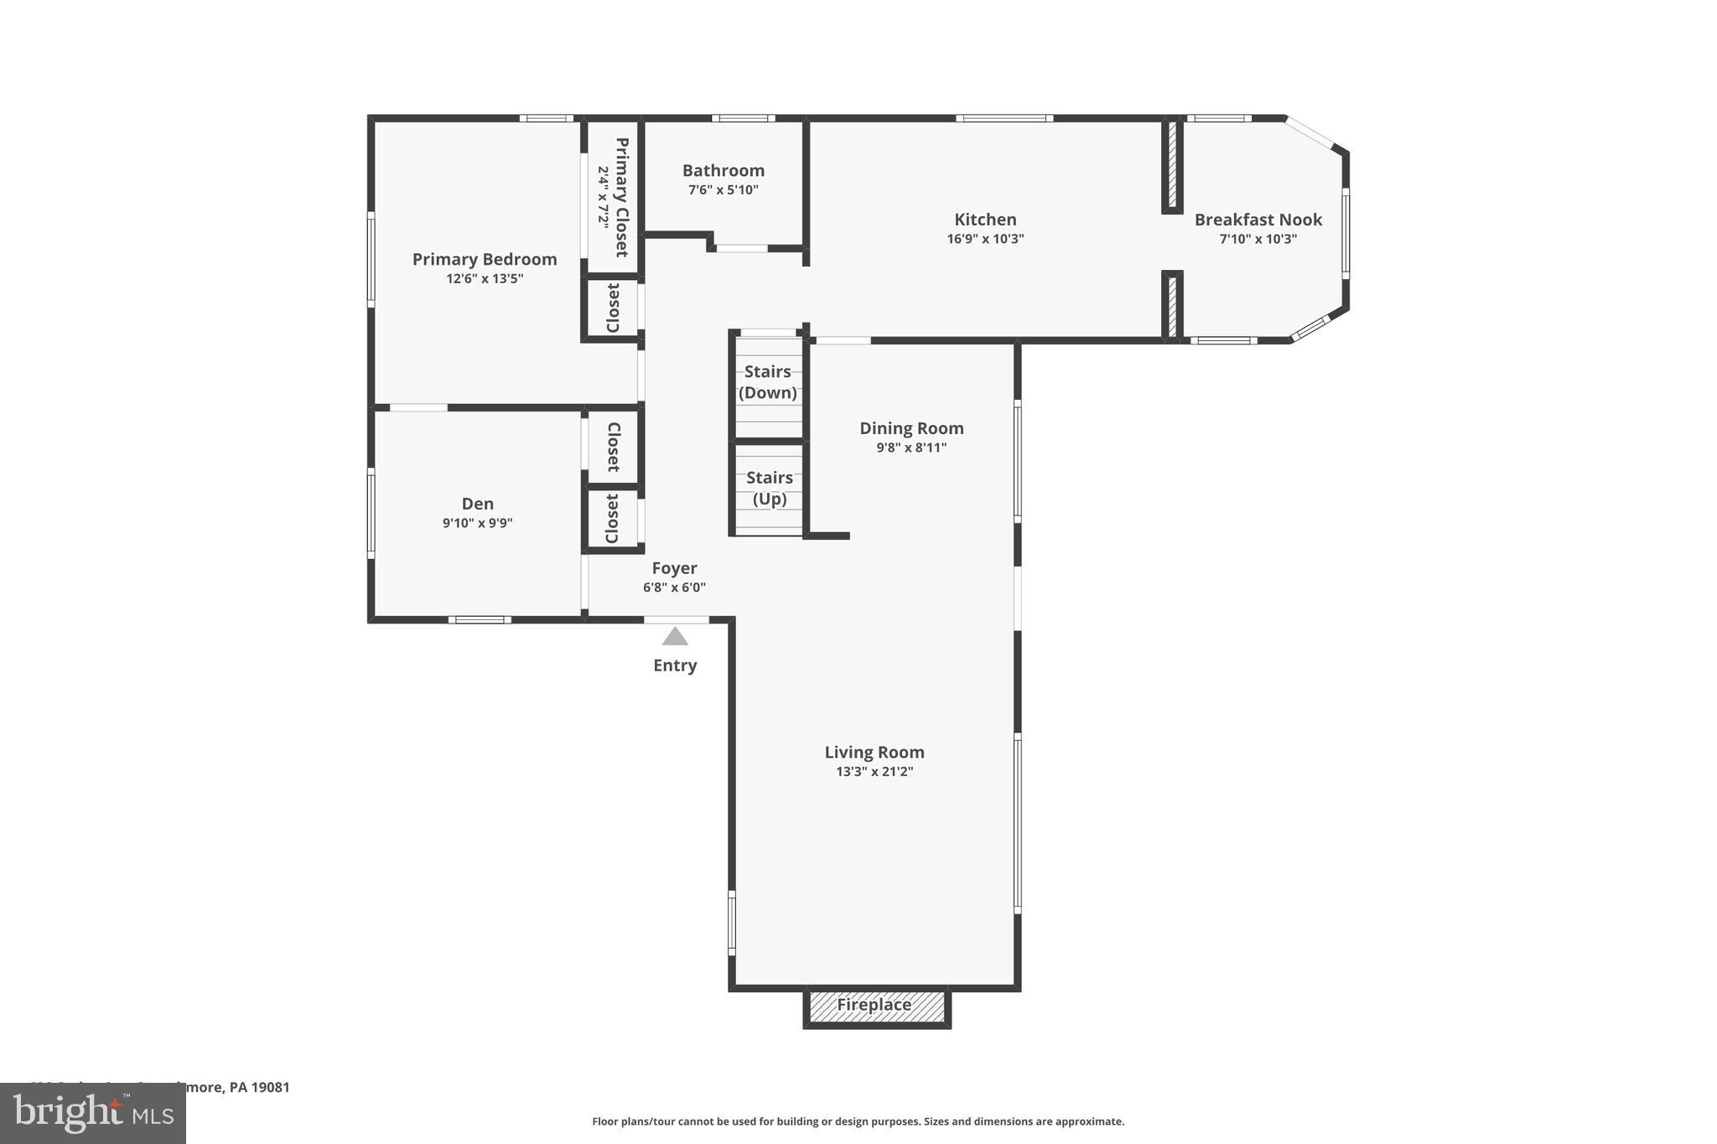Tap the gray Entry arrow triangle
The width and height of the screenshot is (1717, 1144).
point(675,637)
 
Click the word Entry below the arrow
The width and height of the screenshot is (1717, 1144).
point(675,665)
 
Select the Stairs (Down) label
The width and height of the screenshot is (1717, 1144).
point(768,382)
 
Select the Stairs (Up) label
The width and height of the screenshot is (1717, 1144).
point(770,488)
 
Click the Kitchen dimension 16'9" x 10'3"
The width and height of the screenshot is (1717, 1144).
point(985,239)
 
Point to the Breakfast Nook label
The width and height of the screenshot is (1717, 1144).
point(1258,220)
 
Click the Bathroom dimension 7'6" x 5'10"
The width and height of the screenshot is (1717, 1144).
point(723,190)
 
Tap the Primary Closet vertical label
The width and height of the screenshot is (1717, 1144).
point(621,198)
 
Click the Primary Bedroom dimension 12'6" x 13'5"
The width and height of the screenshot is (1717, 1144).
point(485,279)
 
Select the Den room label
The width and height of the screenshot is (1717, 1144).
point(478,504)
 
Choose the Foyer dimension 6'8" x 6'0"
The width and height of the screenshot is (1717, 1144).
point(674,588)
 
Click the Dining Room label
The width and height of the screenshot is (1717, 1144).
point(911,428)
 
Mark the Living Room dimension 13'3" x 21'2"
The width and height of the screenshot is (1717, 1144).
point(874,772)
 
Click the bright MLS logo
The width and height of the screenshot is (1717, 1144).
point(93,1114)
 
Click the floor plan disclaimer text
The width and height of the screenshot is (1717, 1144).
point(858,1121)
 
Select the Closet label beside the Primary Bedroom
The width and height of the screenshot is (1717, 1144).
point(613,308)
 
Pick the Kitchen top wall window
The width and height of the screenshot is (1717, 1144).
point(1004,118)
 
